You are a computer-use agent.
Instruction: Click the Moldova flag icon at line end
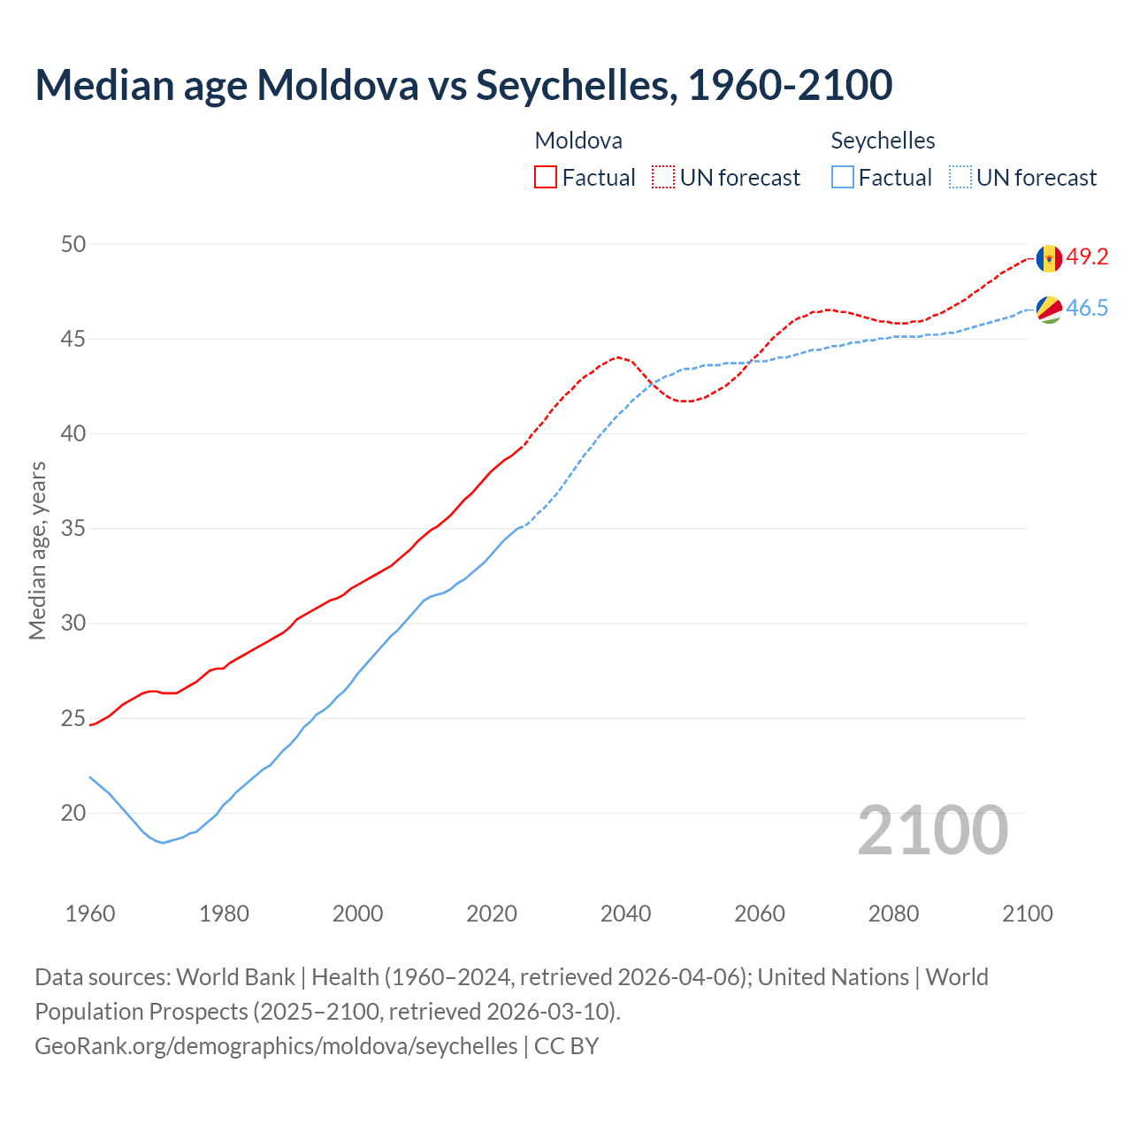[1049, 258]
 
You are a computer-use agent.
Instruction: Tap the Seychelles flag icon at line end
[1049, 310]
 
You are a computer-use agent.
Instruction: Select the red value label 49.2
[1087, 256]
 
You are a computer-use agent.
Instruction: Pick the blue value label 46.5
[1087, 308]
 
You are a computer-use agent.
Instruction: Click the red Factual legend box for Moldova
[546, 177]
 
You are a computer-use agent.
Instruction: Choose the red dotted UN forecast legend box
[663, 177]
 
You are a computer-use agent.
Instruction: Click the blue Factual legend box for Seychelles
[843, 177]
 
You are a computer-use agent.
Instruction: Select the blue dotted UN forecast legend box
[960, 177]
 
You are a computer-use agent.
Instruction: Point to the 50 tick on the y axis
[73, 244]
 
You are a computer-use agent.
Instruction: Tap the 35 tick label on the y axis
[73, 529]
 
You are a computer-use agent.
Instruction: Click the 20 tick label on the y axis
[73, 813]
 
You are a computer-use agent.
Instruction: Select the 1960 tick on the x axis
[90, 914]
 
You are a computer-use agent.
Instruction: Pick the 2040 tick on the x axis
[625, 914]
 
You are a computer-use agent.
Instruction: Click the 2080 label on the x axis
[893, 914]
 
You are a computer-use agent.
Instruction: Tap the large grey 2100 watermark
[932, 830]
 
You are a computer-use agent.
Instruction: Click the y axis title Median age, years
[37, 550]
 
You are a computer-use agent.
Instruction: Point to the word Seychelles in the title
[576, 85]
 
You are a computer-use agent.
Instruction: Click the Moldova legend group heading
[578, 141]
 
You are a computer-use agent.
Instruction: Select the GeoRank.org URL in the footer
[276, 1045]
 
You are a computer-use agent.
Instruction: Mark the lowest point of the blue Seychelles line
[163, 843]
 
